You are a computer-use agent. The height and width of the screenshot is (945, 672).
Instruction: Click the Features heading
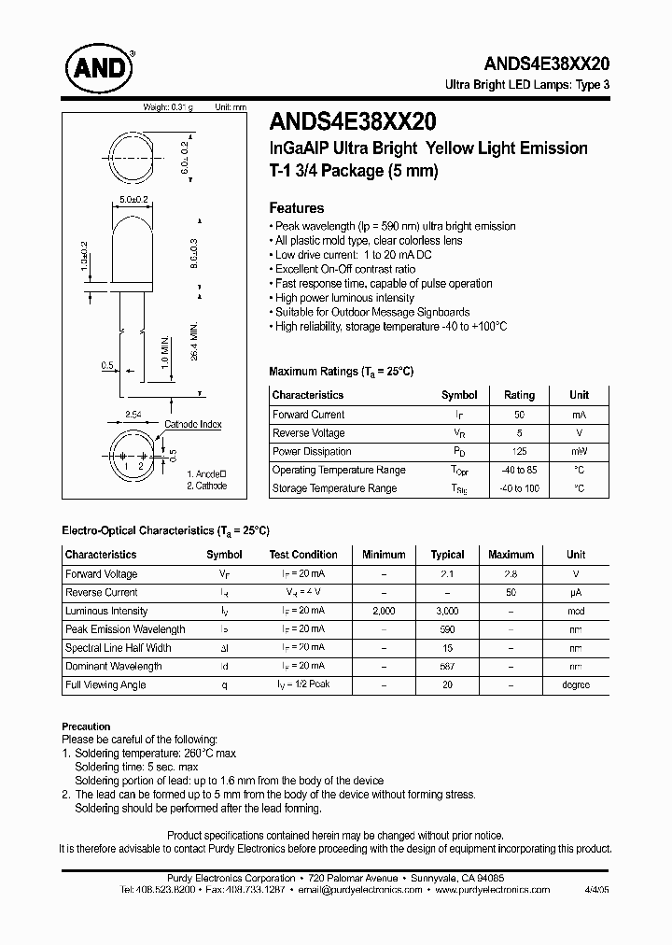[296, 208]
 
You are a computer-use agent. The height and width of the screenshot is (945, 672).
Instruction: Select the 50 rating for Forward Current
[519, 415]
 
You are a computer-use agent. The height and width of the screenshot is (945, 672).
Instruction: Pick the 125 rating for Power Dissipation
[519, 452]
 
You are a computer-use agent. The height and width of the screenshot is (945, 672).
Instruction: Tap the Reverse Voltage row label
[308, 433]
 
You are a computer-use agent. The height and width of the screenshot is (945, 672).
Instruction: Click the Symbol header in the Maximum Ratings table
[458, 395]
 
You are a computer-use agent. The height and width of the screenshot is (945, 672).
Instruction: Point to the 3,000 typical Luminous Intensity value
[447, 611]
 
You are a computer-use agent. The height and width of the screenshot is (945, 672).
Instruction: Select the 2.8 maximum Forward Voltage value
[510, 574]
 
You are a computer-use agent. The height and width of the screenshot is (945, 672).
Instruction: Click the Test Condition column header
[302, 555]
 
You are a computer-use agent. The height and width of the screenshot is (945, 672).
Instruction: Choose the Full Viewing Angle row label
[105, 684]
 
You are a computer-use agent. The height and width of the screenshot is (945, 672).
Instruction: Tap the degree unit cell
[575, 684]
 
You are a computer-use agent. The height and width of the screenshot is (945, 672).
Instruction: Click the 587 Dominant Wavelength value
[447, 666]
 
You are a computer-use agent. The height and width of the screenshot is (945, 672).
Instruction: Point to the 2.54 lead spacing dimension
[133, 413]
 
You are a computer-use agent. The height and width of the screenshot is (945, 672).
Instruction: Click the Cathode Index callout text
[192, 425]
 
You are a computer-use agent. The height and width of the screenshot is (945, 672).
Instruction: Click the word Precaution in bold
[86, 726]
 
